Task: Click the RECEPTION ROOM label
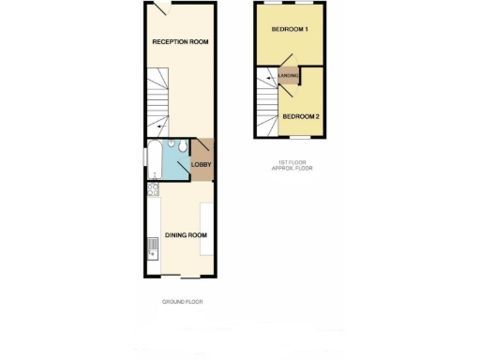point(181,42)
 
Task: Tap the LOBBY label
point(201,166)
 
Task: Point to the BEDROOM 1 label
point(291,31)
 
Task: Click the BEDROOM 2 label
point(302,115)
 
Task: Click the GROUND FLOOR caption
point(182,302)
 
